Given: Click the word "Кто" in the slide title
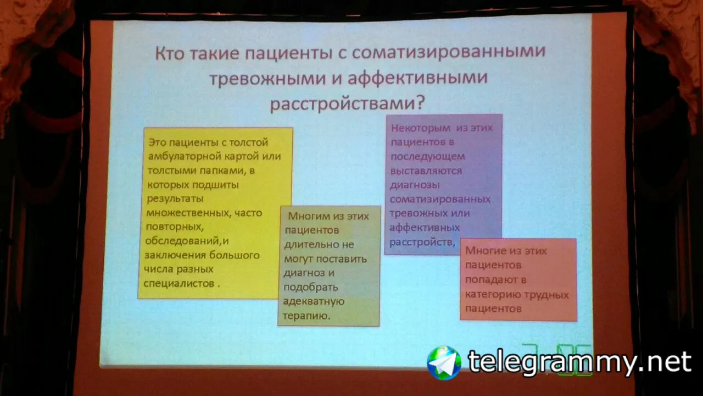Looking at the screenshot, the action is (x=170, y=53).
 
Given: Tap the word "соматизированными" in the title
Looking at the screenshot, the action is (x=449, y=51).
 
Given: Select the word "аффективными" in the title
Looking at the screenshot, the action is (x=417, y=78).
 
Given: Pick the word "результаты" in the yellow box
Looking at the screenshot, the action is (x=175, y=199).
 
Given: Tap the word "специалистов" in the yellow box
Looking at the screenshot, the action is (x=179, y=283).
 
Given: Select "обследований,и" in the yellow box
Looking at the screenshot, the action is (x=187, y=241).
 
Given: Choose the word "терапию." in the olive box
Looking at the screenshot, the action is (x=306, y=316).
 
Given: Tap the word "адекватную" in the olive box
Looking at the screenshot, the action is (x=314, y=301).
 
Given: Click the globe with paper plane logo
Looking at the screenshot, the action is (x=444, y=362).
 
